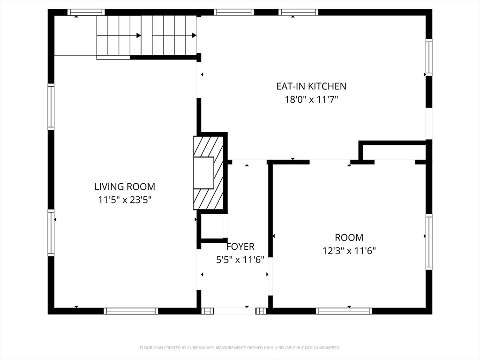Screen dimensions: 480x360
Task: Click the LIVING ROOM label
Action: [125, 187]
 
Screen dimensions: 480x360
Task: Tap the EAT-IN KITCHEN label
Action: [311, 86]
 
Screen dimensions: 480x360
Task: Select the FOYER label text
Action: [240, 247]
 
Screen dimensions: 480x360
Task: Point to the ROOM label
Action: [349, 238]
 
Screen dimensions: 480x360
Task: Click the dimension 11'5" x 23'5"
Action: [125, 200]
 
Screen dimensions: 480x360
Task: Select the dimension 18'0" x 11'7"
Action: [311, 99]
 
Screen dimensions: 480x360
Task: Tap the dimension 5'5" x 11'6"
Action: [240, 260]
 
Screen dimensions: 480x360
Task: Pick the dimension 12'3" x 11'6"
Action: [349, 251]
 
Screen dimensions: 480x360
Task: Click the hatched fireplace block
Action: [208, 173]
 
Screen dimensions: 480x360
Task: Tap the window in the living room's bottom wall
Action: [131, 311]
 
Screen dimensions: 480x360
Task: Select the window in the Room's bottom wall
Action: [344, 311]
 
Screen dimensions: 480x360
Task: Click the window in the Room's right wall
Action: [429, 242]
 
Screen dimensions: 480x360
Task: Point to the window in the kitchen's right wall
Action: [429, 58]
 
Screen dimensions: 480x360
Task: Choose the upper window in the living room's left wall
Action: [51, 107]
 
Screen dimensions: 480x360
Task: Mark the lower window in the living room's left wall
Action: [51, 232]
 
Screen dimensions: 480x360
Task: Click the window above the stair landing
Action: [86, 12]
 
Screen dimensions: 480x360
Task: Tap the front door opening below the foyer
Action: [234, 311]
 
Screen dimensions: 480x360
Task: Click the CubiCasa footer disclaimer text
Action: [240, 348]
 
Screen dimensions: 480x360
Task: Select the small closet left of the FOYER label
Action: [212, 226]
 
